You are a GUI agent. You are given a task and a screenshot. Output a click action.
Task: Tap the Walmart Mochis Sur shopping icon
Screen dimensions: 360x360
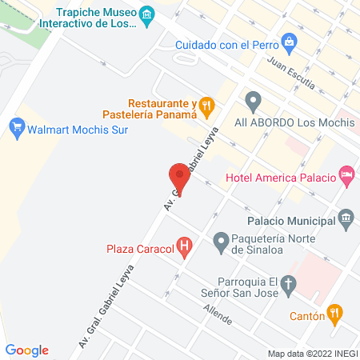click(15, 126)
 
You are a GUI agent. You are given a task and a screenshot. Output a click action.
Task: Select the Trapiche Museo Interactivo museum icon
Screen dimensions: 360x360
click(146, 14)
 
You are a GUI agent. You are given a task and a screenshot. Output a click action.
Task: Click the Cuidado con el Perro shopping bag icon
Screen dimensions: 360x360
click(289, 41)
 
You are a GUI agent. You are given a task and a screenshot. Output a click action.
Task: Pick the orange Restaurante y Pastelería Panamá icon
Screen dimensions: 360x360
click(207, 104)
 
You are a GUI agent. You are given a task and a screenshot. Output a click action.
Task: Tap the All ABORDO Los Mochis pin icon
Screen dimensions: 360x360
click(254, 102)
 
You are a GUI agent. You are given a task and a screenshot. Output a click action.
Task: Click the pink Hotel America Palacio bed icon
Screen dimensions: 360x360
click(347, 173)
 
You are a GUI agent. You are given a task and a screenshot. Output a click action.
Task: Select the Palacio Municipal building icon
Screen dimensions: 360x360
click(346, 217)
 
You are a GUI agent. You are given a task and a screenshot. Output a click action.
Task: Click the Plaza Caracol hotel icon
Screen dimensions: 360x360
click(185, 247)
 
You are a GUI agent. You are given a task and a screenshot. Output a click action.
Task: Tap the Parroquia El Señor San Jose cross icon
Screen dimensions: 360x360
click(290, 282)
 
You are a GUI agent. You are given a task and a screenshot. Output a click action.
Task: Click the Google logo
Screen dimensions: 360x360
click(27, 350)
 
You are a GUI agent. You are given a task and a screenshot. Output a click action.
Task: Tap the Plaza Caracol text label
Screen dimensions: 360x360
click(140, 248)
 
